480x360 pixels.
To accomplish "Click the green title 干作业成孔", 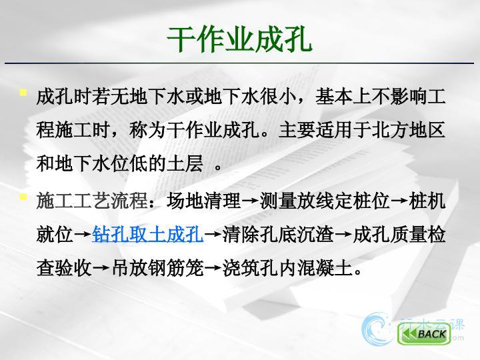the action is tap(240, 39).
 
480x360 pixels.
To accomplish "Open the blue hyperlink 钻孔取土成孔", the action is tap(147, 235).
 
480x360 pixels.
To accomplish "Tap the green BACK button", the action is tap(424, 333).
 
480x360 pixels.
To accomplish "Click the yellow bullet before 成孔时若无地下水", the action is tap(23, 92).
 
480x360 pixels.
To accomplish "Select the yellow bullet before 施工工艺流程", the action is tap(23, 197).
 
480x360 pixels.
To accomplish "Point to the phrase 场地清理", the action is tap(204, 201).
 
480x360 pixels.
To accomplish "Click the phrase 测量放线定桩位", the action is tap(325, 201).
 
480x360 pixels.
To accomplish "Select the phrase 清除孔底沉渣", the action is tap(278, 235).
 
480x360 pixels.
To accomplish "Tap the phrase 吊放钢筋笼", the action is tap(157, 268).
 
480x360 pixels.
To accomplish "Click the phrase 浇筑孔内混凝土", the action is tap(288, 268).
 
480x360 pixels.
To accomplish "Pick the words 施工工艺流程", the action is tap(92, 201).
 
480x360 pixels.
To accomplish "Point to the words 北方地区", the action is tap(408, 130).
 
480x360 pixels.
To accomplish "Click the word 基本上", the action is tap(343, 97).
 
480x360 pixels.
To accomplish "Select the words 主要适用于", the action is tap(325, 130).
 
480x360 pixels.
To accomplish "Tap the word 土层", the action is tap(185, 164).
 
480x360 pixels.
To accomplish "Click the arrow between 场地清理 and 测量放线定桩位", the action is tap(251, 201).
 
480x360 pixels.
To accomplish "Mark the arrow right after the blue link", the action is tap(213, 235).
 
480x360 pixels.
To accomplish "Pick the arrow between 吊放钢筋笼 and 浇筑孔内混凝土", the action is tap(213, 269).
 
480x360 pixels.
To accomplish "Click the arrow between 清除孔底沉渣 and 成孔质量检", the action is tap(343, 235).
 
